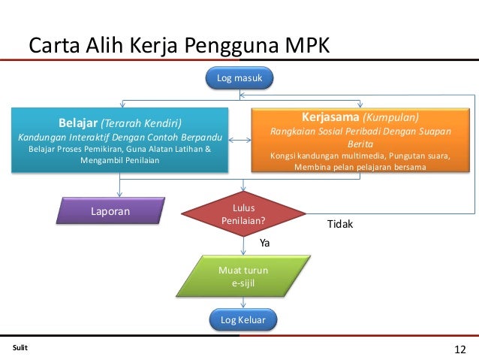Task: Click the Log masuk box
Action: [240, 78]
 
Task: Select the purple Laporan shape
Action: [111, 211]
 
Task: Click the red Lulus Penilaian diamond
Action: [243, 213]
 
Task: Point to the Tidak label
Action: [340, 225]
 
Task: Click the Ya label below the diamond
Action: [264, 243]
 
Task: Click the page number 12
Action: [460, 349]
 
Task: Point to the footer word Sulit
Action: [20, 348]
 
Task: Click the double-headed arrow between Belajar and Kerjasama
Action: [239, 140]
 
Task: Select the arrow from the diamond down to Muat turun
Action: [243, 245]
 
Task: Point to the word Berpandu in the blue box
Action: [202, 138]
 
